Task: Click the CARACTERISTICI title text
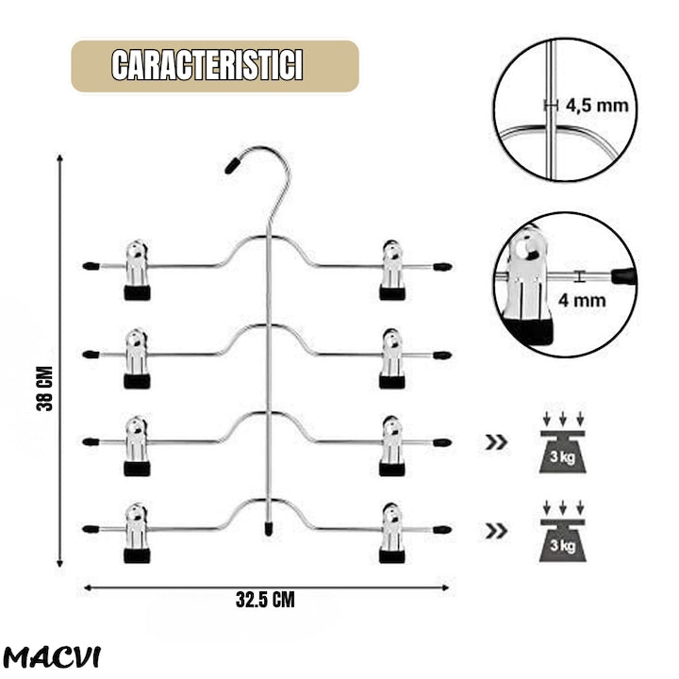click(x=207, y=65)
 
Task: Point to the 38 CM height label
click(x=44, y=388)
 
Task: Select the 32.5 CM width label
click(x=265, y=600)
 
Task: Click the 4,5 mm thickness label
click(x=597, y=106)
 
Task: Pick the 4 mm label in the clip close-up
click(x=581, y=300)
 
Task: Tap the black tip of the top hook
click(x=233, y=165)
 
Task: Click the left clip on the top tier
click(x=138, y=271)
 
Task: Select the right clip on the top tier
click(x=392, y=271)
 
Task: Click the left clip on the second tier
click(x=138, y=358)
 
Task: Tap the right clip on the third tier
click(x=392, y=446)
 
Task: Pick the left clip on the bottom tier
click(x=138, y=533)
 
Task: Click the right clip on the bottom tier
click(x=392, y=533)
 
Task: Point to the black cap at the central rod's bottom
click(x=269, y=529)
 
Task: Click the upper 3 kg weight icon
click(x=562, y=443)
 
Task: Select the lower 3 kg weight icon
click(x=562, y=532)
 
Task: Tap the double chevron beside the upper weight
click(x=496, y=442)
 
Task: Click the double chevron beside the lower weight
click(x=496, y=531)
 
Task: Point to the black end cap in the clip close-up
click(x=622, y=275)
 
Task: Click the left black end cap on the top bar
click(x=91, y=266)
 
